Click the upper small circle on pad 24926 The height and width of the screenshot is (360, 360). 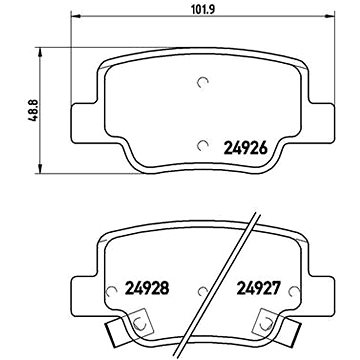coord(204,83)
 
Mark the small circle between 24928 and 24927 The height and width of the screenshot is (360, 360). coord(202,294)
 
